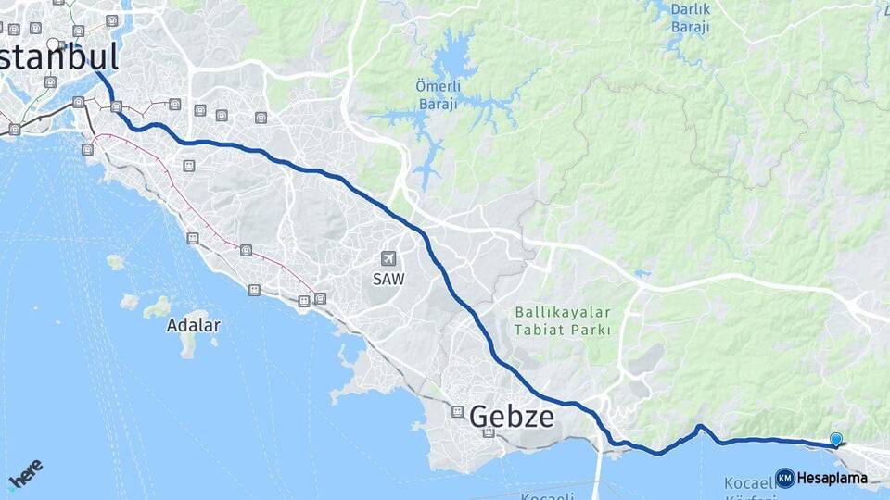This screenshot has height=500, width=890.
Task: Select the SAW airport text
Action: coord(389,279)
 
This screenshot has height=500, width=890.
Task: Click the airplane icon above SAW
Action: coord(389,259)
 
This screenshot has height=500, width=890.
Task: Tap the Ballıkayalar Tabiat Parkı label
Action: coord(562,321)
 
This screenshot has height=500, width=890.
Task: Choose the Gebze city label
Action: coord(512,417)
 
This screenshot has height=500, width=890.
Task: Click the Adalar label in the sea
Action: coord(194,325)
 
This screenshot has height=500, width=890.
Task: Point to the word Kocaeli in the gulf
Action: coord(749,482)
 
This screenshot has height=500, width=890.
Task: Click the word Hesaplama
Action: coord(832,479)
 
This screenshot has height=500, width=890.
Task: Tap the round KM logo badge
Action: coord(784,478)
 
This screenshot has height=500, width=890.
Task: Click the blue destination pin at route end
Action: coord(836,440)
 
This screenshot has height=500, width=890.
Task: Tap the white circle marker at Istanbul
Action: coord(53,44)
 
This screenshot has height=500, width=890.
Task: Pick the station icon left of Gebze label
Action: coord(457,410)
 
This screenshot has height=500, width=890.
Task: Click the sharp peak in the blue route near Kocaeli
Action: coord(700,427)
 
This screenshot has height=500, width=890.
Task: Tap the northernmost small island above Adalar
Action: coord(114,262)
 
